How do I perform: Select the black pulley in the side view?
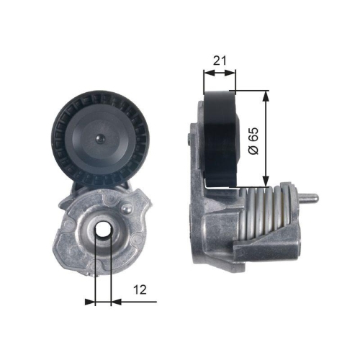point(222,138)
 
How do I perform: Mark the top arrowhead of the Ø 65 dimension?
point(268,96)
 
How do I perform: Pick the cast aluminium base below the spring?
point(230,256)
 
